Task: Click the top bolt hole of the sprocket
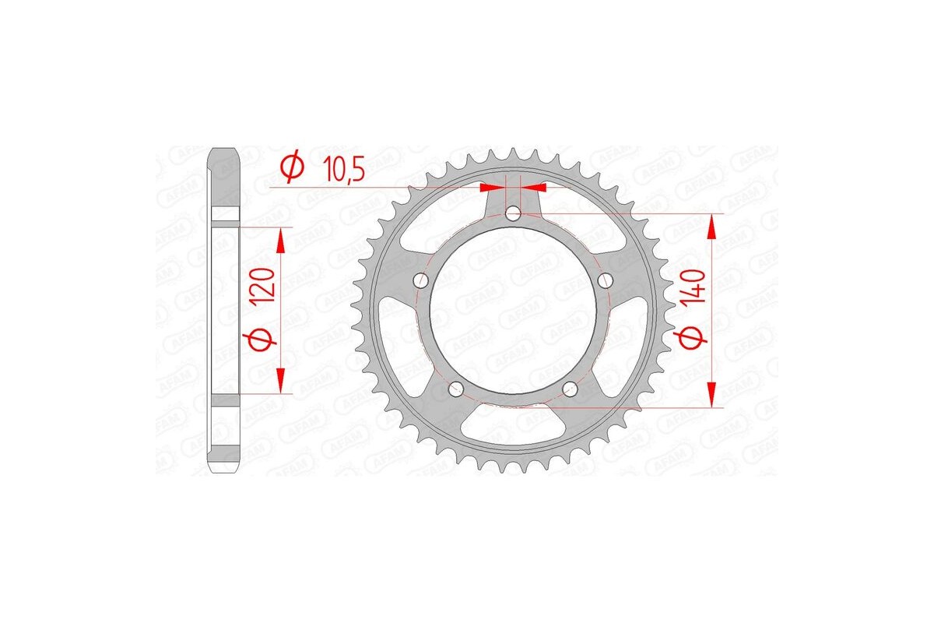coord(513,213)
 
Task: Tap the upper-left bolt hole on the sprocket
coord(420,280)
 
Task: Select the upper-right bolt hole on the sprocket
coord(606,280)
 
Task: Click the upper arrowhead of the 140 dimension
coord(711,226)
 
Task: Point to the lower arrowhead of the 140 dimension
coord(711,393)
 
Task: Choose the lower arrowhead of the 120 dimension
coord(282,382)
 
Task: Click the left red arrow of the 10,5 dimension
coord(492,188)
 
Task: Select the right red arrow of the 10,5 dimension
coord(534,188)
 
